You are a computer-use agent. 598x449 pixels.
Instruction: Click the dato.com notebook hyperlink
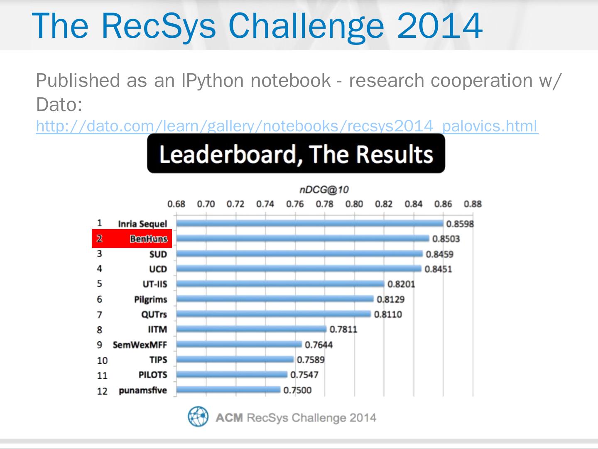point(287,126)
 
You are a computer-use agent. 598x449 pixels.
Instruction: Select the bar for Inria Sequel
point(309,224)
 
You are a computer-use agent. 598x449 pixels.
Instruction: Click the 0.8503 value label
point(446,239)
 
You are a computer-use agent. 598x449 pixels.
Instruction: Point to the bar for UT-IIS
point(280,284)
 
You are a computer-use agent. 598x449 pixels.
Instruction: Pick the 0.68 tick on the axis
point(176,204)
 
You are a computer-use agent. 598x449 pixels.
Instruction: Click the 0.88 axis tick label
point(473,204)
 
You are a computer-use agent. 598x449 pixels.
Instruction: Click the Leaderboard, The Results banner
point(296,154)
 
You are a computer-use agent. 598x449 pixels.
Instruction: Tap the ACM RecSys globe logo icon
point(198,417)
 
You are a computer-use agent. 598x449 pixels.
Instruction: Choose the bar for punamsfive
point(228,390)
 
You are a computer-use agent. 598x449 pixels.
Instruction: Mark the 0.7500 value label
point(297,390)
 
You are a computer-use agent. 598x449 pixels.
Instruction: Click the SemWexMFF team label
point(140,345)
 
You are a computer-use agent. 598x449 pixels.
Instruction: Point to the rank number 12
point(102,391)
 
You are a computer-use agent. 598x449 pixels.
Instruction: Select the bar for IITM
point(251,329)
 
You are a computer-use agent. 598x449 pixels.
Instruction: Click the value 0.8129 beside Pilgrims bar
point(390,299)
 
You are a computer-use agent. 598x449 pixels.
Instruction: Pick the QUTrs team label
point(154,314)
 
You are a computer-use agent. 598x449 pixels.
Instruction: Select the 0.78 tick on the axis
point(324,204)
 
